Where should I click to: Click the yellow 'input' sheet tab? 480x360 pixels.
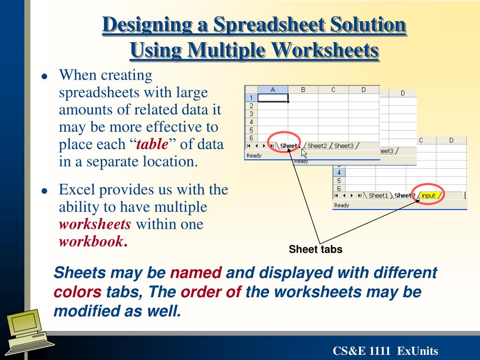pyautogui.click(x=428, y=195)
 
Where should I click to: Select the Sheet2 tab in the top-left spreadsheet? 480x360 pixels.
pyautogui.click(x=317, y=146)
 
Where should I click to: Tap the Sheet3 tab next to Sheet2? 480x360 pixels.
pyautogui.click(x=344, y=146)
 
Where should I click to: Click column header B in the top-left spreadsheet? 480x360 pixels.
pyautogui.click(x=303, y=90)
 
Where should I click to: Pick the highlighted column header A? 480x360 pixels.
pyautogui.click(x=273, y=90)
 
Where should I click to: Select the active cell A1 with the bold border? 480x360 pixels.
pyautogui.click(x=273, y=98)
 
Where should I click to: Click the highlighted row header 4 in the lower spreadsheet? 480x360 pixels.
pyautogui.click(x=338, y=172)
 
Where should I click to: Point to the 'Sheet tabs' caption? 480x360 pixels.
pyautogui.click(x=315, y=249)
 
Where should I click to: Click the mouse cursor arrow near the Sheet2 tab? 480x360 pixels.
pyautogui.click(x=304, y=152)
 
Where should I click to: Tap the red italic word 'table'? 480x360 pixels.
pyautogui.click(x=152, y=144)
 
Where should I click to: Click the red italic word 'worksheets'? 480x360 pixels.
pyautogui.click(x=95, y=224)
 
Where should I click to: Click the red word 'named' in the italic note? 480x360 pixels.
pyautogui.click(x=195, y=272)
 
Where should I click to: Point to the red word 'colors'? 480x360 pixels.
pyautogui.click(x=77, y=292)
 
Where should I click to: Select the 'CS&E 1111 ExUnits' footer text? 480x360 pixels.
pyautogui.click(x=385, y=351)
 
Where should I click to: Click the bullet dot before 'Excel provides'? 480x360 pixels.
pyautogui.click(x=45, y=191)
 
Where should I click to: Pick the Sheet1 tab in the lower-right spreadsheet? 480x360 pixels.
pyautogui.click(x=378, y=195)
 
